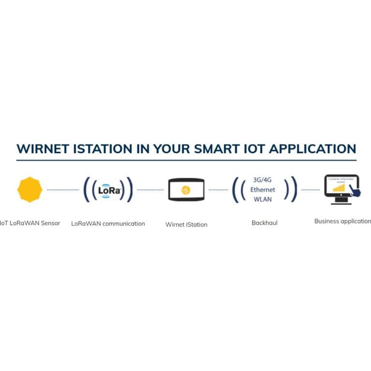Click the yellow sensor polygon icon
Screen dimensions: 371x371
point(29,189)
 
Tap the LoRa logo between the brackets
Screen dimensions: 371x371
point(108,190)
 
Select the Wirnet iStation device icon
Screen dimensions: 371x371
point(186,190)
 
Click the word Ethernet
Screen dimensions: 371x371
point(263,189)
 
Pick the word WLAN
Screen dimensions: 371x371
point(263,199)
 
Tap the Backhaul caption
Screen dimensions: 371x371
point(264,223)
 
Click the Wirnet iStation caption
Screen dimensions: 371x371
point(186,224)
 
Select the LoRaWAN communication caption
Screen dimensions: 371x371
point(108,224)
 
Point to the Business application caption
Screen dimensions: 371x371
point(342,221)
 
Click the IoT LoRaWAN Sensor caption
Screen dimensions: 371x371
point(30,223)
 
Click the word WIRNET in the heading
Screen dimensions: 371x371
point(43,148)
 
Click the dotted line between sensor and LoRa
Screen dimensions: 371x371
point(63,190)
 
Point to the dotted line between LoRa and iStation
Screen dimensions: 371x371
point(150,190)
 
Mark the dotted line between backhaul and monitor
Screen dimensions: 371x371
point(310,190)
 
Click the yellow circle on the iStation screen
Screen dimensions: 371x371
point(186,190)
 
